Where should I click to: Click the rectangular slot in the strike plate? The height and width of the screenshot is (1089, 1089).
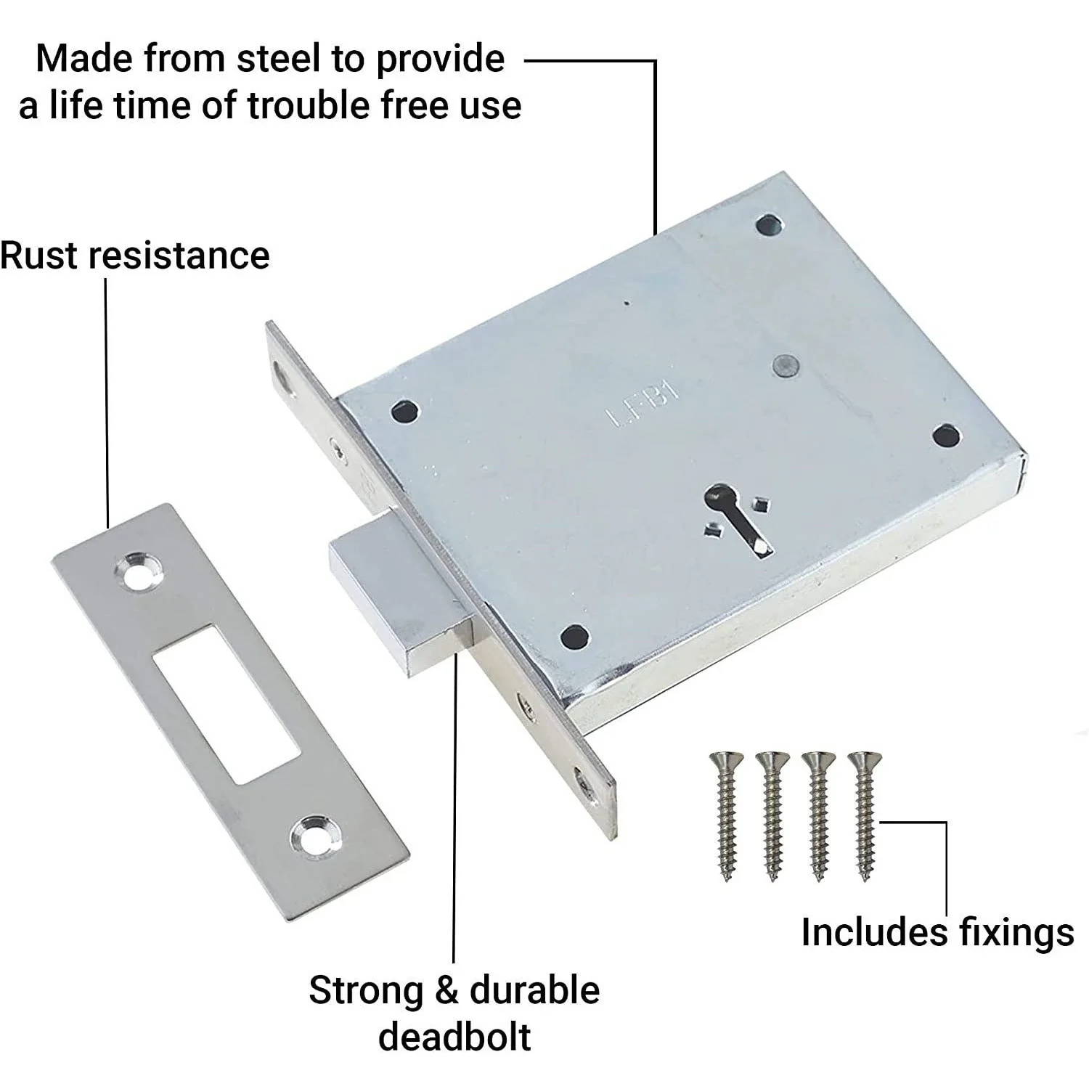[226, 703]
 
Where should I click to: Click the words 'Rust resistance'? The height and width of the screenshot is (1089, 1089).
[135, 256]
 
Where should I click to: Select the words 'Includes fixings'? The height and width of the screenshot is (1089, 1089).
[937, 933]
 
